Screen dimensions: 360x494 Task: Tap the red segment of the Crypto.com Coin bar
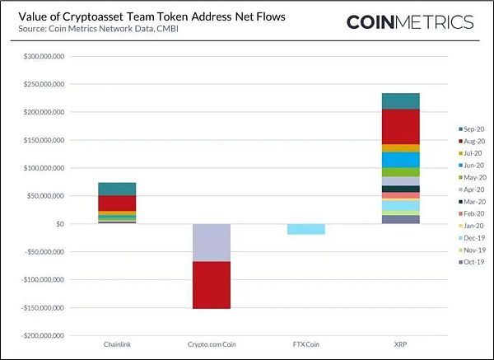point(212,285)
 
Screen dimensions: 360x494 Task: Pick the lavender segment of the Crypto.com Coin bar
point(212,242)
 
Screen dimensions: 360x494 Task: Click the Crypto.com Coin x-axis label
point(212,342)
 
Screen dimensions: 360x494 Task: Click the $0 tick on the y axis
point(59,224)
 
